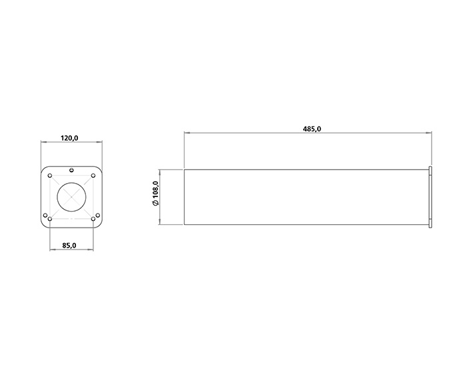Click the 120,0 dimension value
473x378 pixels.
(x=70, y=138)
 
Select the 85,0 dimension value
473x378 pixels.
(x=69, y=246)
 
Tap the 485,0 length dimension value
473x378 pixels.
(x=312, y=129)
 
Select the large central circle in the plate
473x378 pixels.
(x=71, y=197)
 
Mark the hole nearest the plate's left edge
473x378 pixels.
(x=45, y=215)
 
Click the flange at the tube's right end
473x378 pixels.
(x=431, y=197)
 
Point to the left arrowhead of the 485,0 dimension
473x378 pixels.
(x=187, y=133)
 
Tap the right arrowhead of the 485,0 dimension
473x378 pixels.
(x=430, y=133)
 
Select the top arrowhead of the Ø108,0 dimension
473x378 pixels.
(x=161, y=171)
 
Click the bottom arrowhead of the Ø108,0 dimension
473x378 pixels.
(x=161, y=223)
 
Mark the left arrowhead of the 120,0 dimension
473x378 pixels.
(x=43, y=142)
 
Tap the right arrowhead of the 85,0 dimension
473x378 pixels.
(x=91, y=250)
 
